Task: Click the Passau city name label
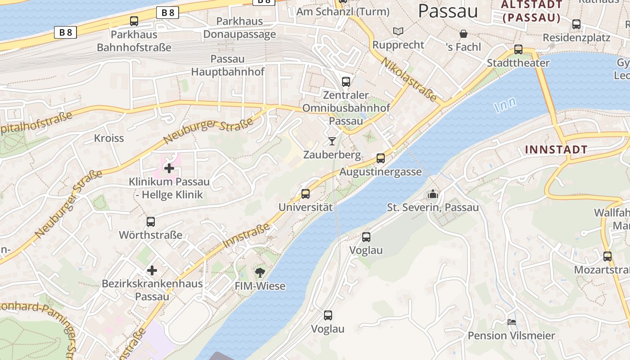click(x=448, y=11)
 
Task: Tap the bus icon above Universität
click(x=306, y=194)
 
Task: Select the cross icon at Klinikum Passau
click(x=169, y=168)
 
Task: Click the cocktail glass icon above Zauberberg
click(x=332, y=141)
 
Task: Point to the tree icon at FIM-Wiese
click(x=260, y=272)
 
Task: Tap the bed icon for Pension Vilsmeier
click(x=512, y=322)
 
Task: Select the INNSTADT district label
click(x=556, y=150)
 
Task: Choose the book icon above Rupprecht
click(x=398, y=31)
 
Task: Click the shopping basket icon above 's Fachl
click(x=463, y=33)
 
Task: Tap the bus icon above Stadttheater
click(x=518, y=49)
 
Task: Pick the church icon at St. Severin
click(x=433, y=194)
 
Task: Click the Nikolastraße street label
click(x=409, y=79)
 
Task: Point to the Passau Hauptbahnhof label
click(x=228, y=65)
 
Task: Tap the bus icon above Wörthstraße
click(x=151, y=221)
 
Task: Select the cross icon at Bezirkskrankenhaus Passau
click(x=152, y=270)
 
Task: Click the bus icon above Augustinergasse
click(x=381, y=158)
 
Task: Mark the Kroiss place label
click(x=109, y=138)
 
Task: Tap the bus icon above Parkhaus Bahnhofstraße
click(x=134, y=21)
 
